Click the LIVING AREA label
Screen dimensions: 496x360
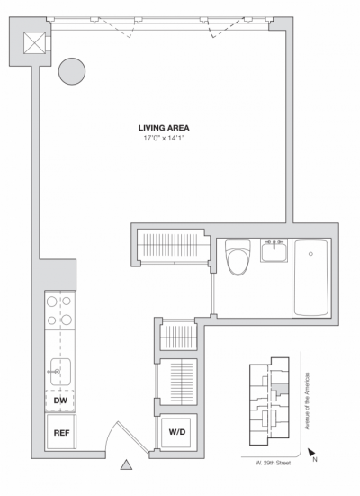point(164,128)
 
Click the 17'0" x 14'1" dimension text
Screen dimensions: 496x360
point(164,138)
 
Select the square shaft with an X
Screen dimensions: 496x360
point(35,43)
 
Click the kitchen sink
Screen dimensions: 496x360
point(61,370)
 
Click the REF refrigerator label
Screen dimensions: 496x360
point(61,433)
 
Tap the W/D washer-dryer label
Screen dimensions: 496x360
point(177,432)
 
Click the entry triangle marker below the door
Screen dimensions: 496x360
point(127,465)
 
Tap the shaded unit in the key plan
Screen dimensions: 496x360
point(281,388)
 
